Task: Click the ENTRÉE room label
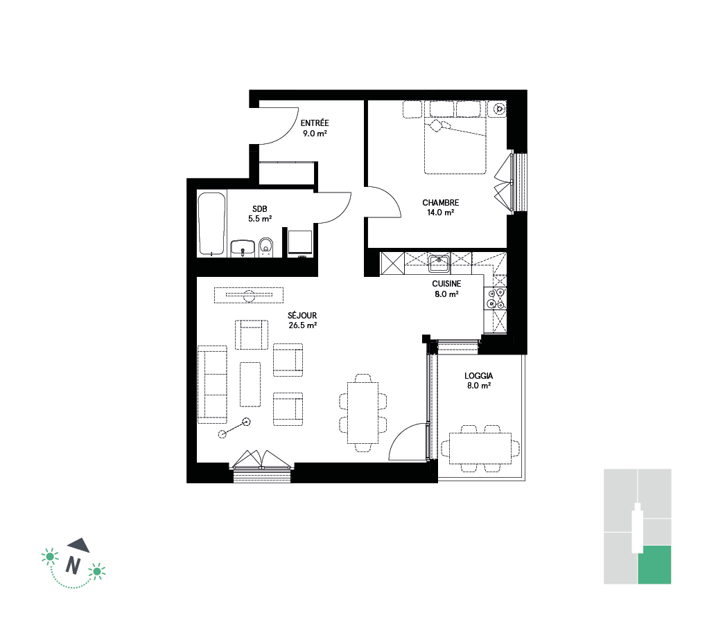315,123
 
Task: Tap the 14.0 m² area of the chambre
441,213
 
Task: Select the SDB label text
260,209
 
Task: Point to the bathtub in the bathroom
211,224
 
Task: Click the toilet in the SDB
266,247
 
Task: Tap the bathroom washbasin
243,249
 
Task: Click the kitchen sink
439,263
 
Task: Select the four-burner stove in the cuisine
496,298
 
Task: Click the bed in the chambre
455,137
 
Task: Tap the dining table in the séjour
363,413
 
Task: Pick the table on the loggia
480,448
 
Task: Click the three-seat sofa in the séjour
212,384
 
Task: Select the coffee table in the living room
250,384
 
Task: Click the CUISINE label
446,284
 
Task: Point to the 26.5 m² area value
302,325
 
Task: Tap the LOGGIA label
479,376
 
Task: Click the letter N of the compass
73,565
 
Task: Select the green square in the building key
654,565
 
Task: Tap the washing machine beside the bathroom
300,243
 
